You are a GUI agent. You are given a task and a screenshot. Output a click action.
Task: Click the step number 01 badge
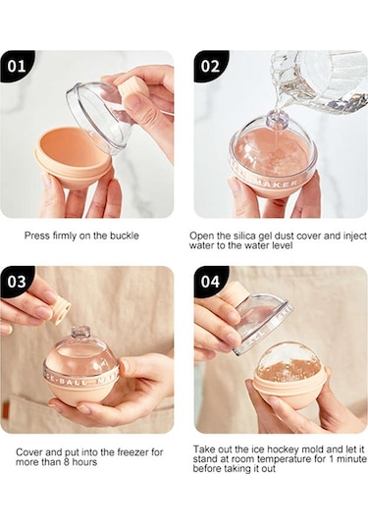tap(16, 66)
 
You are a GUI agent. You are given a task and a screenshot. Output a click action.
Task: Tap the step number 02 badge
tap(210, 66)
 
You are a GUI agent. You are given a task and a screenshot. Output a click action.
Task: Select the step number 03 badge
tap(16, 282)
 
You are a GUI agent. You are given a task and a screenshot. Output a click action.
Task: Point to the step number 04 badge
tap(210, 282)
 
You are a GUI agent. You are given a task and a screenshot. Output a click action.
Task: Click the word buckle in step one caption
tap(125, 236)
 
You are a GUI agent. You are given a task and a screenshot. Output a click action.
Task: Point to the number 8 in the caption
tap(67, 462)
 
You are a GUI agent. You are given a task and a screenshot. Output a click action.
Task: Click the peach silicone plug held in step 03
tap(61, 309)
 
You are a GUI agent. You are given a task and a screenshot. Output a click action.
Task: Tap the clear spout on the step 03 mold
tap(80, 332)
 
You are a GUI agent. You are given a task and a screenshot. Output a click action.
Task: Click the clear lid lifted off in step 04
tap(262, 323)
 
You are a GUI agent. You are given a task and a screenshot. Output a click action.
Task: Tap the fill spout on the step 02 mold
tap(278, 121)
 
